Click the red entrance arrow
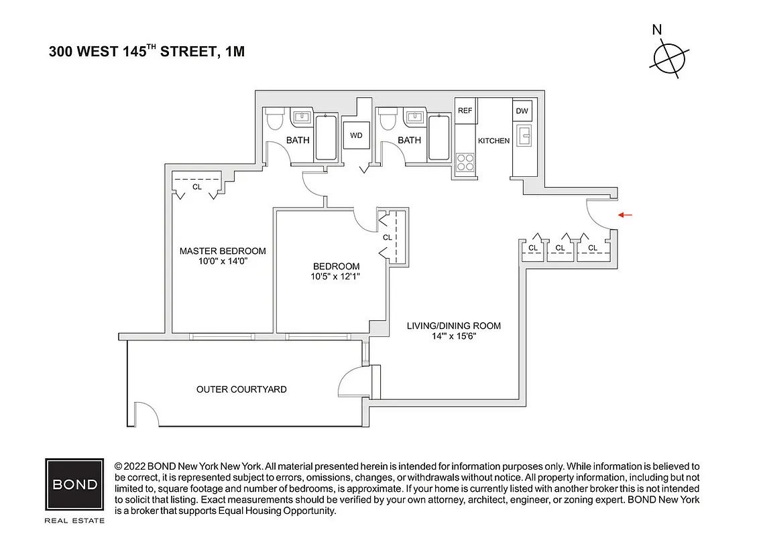point(625,215)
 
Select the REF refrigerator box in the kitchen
point(465,111)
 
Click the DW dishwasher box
point(522,111)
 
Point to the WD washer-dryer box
point(356,135)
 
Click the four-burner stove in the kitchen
point(465,162)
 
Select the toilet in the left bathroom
point(274,121)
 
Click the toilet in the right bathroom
point(387,121)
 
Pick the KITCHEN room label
point(493,141)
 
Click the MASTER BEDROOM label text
point(223,251)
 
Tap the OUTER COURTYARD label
point(241,389)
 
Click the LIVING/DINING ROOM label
point(454,326)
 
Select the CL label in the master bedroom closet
point(196,188)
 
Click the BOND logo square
point(74,484)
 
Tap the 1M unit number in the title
point(233,52)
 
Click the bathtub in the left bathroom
point(326,137)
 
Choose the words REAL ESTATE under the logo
point(74,520)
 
